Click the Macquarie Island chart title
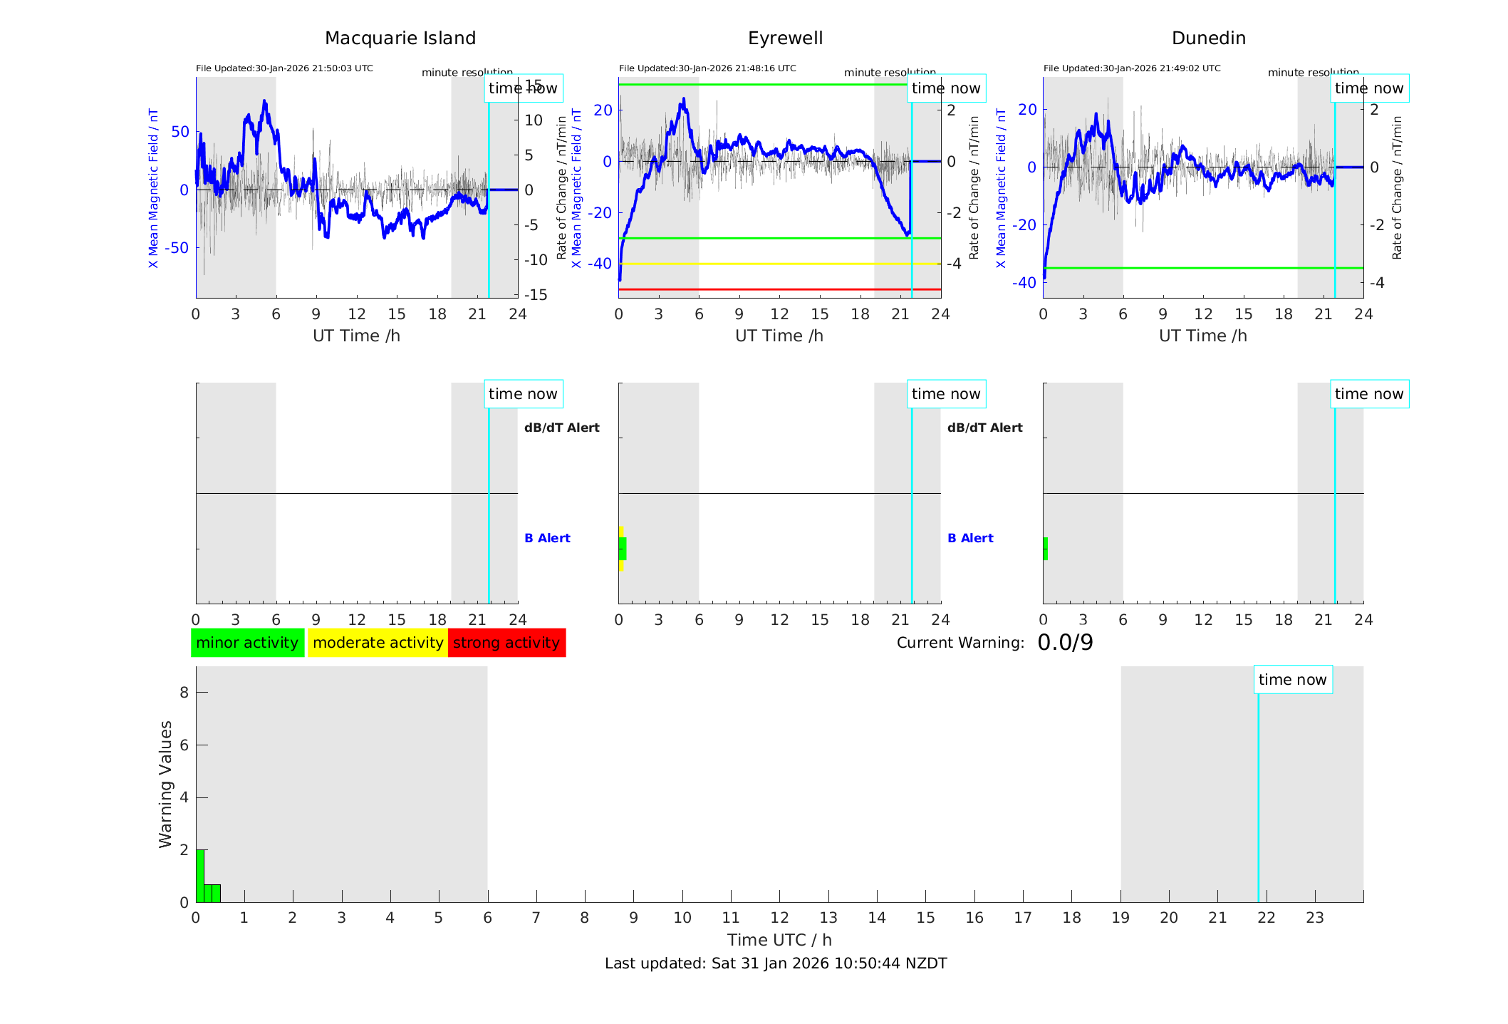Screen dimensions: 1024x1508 click(400, 38)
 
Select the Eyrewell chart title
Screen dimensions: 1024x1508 click(785, 38)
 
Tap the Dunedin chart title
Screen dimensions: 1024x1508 click(1208, 38)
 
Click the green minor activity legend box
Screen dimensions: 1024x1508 click(247, 643)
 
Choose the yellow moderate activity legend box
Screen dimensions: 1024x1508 click(378, 643)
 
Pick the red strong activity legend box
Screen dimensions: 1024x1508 click(506, 643)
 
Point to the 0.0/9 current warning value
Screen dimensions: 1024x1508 click(1065, 643)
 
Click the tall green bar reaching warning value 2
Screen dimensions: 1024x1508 click(200, 876)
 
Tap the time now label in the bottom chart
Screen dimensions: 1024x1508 click(1292, 680)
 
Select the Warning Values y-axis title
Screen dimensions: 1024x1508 click(165, 784)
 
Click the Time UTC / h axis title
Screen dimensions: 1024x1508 click(779, 940)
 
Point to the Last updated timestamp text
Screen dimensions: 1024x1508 click(776, 963)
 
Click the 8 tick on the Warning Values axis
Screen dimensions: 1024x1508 click(184, 692)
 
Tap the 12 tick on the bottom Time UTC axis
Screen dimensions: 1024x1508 click(779, 918)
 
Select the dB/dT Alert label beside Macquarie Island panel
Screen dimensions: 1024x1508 click(561, 428)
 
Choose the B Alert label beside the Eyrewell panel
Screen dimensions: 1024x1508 click(970, 538)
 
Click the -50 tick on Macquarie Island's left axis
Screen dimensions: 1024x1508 click(177, 248)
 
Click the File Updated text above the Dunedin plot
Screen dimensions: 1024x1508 click(1131, 68)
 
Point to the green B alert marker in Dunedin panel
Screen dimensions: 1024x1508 click(1046, 549)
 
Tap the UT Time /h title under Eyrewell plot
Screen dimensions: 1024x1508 click(779, 336)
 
